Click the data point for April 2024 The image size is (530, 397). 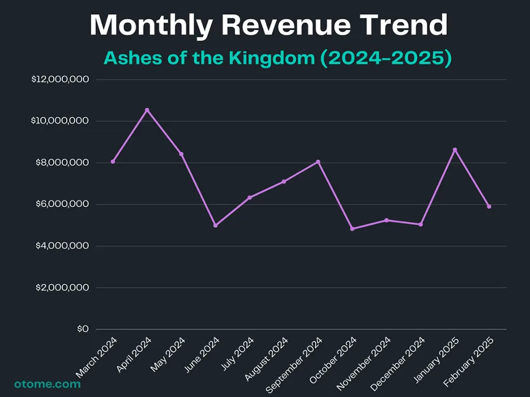(147, 110)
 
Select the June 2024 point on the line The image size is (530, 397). (216, 225)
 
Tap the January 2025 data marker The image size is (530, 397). (455, 149)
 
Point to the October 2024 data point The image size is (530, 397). (352, 229)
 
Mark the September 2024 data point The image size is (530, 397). (318, 162)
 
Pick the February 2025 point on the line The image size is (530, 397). (489, 206)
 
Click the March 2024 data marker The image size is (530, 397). (113, 161)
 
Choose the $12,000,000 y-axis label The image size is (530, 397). (59, 79)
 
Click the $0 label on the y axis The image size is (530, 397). (82, 329)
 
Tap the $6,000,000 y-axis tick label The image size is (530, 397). (62, 204)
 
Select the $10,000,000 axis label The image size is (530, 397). (59, 121)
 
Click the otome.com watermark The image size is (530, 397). (47, 384)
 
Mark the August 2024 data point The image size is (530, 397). (284, 182)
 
